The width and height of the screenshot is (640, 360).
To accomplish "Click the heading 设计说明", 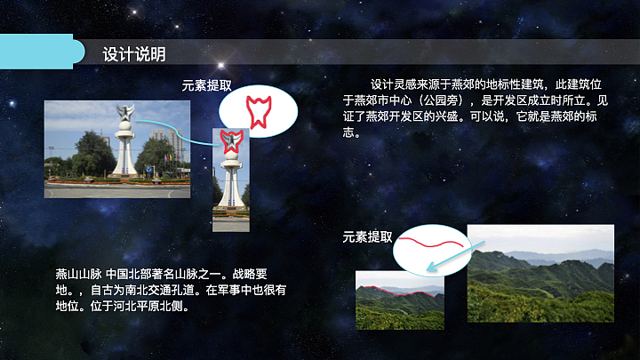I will pyautogui.click(x=133, y=54).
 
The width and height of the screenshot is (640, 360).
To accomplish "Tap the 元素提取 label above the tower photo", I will pyautogui.click(x=207, y=86).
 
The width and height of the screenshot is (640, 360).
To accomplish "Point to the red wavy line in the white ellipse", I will pyautogui.click(x=430, y=241).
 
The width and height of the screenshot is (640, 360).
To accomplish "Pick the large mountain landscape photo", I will pyautogui.click(x=540, y=273).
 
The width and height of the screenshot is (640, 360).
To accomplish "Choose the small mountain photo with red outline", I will pyautogui.click(x=399, y=300).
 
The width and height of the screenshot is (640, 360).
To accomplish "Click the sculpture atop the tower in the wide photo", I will pyautogui.click(x=124, y=113).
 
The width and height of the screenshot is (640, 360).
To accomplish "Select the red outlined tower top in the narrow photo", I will pyautogui.click(x=230, y=142).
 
